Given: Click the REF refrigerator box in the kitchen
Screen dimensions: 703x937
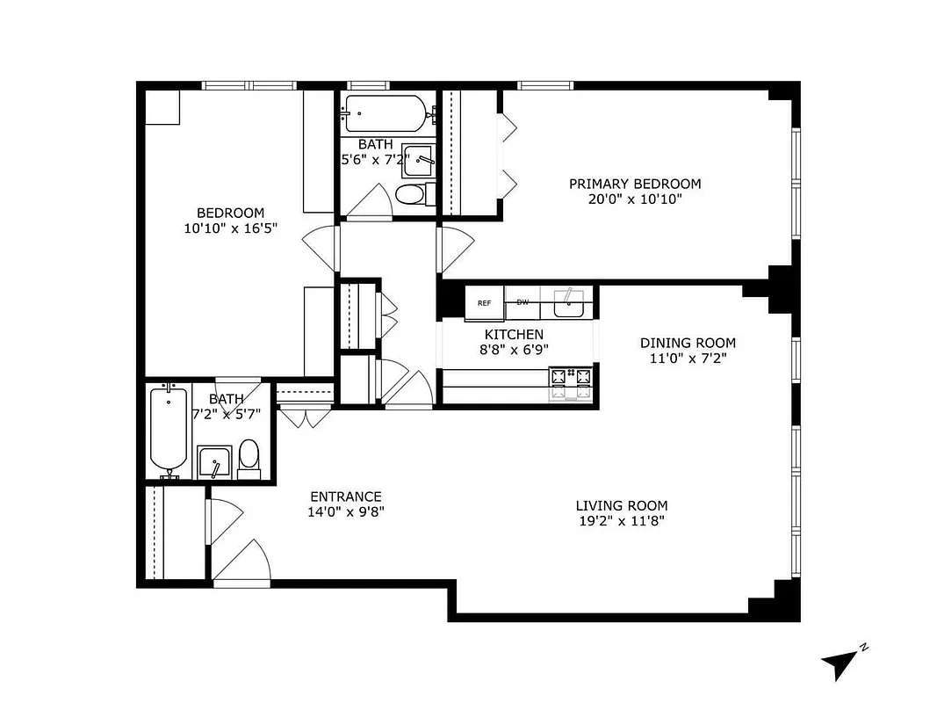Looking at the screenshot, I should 484,302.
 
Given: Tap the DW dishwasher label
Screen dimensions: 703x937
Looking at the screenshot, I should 523,302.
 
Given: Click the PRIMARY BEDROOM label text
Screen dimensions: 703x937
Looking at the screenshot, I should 635,184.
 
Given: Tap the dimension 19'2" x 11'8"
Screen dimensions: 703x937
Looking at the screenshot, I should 621,521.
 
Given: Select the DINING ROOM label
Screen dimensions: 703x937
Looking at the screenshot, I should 688,343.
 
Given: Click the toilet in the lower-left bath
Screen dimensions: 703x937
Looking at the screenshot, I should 249,459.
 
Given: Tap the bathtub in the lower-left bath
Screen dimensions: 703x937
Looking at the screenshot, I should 168,431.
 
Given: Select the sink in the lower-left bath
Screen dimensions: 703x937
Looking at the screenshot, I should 213,461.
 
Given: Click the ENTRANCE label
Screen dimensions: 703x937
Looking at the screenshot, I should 344,496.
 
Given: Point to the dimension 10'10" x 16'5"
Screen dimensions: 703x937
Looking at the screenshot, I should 230,228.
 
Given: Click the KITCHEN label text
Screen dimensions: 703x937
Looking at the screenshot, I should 514,335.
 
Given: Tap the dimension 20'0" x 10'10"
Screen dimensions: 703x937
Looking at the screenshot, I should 635,199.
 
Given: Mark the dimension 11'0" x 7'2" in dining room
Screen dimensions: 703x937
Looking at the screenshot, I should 688,359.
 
